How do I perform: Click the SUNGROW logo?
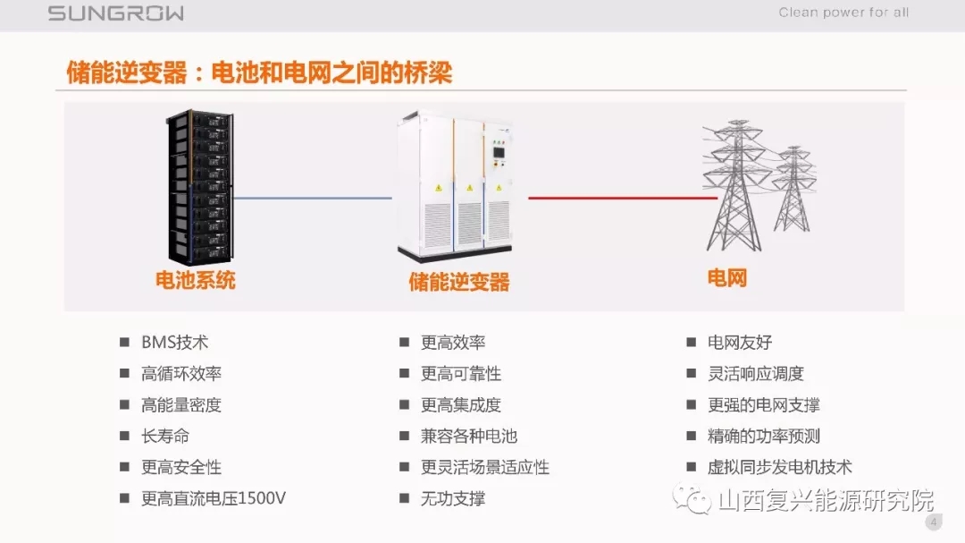click(x=116, y=13)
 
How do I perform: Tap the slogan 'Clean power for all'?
click(x=843, y=13)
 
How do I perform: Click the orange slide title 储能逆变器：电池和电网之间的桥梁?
click(x=259, y=72)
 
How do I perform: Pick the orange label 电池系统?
click(x=196, y=280)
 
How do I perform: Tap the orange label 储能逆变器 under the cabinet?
click(x=459, y=283)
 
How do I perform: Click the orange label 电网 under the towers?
click(x=726, y=278)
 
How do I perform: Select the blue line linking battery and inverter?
click(x=312, y=199)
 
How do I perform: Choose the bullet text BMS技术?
click(x=175, y=343)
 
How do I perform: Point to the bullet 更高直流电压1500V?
click(x=214, y=498)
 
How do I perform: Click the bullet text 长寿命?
click(x=165, y=437)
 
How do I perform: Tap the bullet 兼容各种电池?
click(x=469, y=437)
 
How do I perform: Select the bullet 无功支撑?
click(x=453, y=498)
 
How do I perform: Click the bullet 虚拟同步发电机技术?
click(x=780, y=467)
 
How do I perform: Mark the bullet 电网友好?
click(x=740, y=343)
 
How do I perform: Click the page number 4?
click(x=934, y=522)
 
